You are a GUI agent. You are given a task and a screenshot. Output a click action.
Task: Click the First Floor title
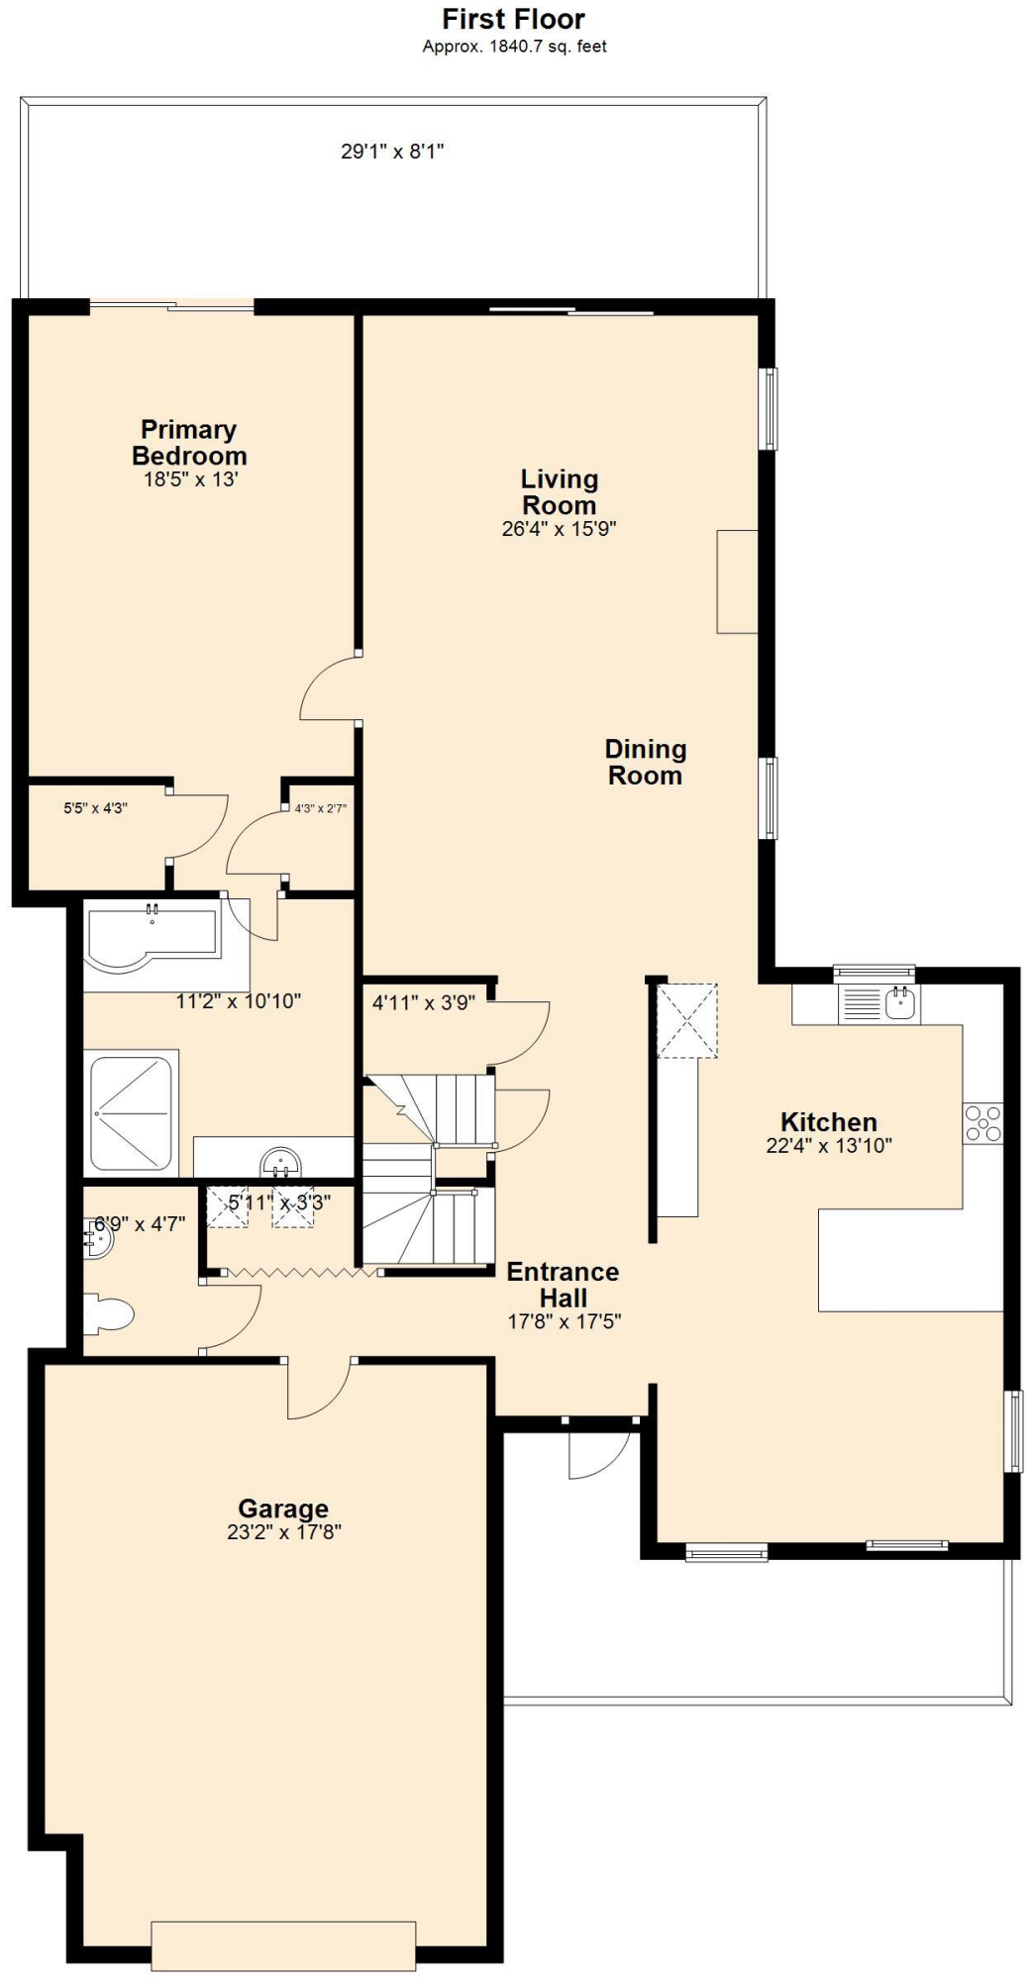tap(513, 19)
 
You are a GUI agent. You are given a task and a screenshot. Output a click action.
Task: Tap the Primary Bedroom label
tap(189, 443)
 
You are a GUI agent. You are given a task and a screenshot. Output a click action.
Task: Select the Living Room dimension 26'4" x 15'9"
tap(559, 529)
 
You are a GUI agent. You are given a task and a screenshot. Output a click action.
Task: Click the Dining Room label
tap(646, 762)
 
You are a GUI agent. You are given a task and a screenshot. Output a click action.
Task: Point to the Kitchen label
tap(829, 1122)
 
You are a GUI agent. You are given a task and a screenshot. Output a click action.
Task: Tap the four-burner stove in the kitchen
tap(983, 1123)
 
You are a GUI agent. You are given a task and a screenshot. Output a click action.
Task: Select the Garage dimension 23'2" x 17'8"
tap(283, 1531)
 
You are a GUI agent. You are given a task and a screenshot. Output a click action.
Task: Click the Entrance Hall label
tap(563, 1285)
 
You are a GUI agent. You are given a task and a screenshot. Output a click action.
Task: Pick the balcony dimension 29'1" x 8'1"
tap(392, 152)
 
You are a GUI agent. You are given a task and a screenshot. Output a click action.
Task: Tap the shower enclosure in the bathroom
tap(132, 1112)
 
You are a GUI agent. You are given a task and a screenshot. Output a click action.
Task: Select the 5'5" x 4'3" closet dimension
tap(96, 808)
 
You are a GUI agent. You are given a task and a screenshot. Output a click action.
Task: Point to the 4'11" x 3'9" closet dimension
tap(423, 1002)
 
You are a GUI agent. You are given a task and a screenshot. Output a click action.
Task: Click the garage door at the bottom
tap(283, 1944)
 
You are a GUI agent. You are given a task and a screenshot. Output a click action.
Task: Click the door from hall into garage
tap(319, 1391)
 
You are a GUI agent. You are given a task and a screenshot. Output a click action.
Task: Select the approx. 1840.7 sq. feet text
tap(514, 47)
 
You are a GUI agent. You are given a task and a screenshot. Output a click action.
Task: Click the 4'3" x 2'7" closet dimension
tap(320, 808)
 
